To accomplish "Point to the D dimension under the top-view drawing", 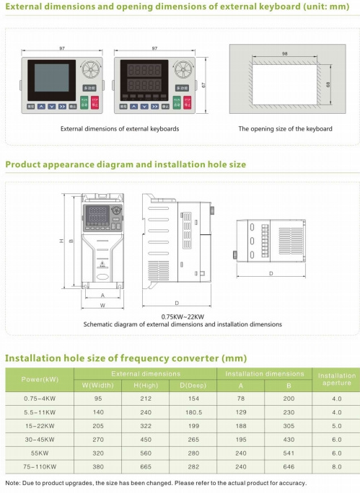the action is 271,274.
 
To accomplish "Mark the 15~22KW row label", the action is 40,425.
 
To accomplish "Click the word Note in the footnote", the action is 13,483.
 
